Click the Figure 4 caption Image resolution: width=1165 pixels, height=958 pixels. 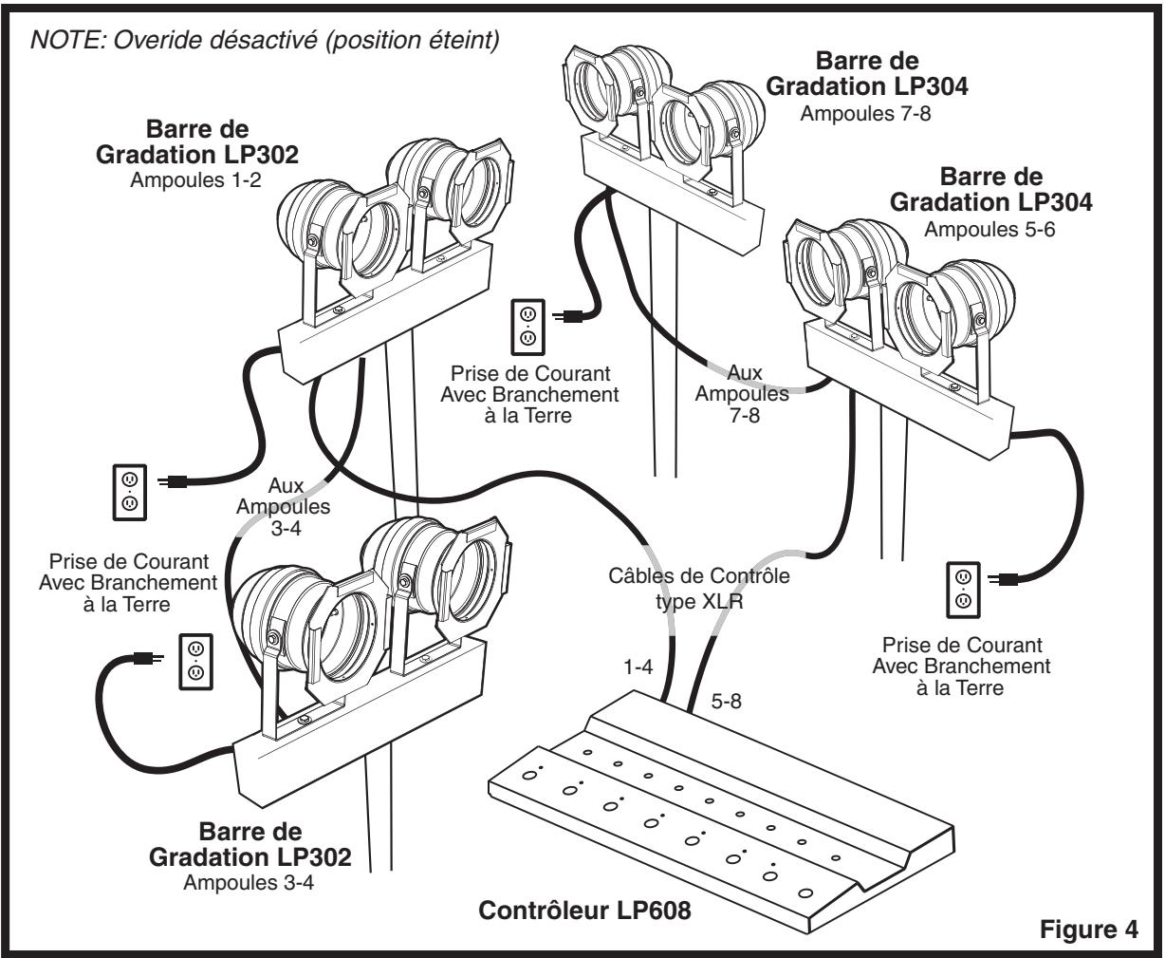(x=1088, y=929)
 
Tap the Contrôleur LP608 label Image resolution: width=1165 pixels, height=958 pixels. (x=584, y=910)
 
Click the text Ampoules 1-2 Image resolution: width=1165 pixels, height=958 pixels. (x=195, y=180)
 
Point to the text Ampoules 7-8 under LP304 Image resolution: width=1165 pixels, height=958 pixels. (x=865, y=113)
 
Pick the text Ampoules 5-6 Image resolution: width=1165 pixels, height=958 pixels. (x=989, y=230)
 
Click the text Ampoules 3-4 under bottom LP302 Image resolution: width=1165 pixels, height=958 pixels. (x=249, y=882)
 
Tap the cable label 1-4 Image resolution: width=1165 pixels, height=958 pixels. (x=638, y=667)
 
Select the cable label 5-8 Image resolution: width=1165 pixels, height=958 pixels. (x=726, y=702)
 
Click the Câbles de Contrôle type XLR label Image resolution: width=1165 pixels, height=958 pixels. (x=699, y=588)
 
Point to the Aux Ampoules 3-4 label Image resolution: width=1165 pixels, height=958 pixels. (x=284, y=506)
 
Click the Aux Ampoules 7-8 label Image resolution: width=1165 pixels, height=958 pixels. (x=743, y=393)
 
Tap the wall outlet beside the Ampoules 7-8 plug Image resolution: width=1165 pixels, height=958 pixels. (x=527, y=328)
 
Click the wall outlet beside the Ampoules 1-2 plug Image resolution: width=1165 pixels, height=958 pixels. (x=130, y=493)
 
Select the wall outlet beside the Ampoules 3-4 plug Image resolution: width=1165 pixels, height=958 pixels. (x=195, y=662)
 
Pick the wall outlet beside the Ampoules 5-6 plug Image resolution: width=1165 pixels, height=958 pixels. (x=963, y=590)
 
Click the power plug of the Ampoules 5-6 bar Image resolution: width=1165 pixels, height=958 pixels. (x=1003, y=579)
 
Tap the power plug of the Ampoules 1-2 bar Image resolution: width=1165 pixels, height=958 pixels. (x=174, y=482)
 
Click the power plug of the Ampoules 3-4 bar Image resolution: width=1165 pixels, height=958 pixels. (x=148, y=658)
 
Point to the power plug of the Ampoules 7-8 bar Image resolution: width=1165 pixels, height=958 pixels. (x=567, y=317)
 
